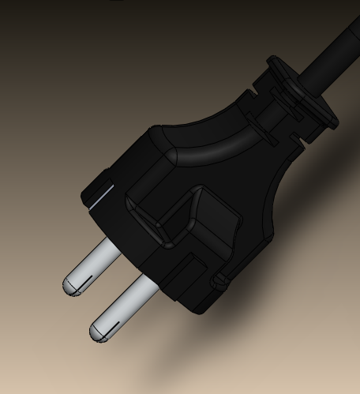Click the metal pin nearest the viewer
(126, 304)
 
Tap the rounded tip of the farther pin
(69, 284)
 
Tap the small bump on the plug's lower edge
(217, 280)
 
